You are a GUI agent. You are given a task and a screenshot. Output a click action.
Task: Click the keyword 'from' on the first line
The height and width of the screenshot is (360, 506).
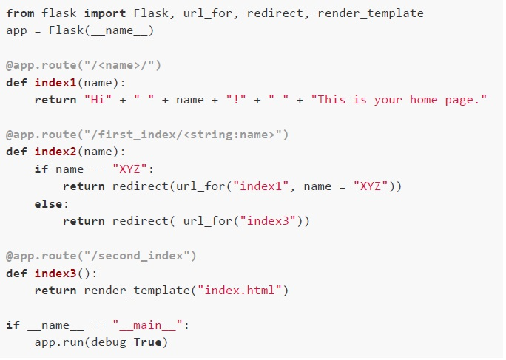(20, 13)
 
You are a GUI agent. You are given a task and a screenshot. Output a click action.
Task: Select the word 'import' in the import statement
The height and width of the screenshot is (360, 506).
(105, 13)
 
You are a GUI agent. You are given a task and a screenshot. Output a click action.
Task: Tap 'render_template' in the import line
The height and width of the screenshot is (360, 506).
(371, 13)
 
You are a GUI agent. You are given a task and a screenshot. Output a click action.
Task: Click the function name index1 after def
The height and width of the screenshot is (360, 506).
(55, 83)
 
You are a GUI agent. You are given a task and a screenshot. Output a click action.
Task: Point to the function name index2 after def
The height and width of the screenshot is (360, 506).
(55, 152)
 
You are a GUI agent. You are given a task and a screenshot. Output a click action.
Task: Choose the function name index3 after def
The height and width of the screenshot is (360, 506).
(55, 274)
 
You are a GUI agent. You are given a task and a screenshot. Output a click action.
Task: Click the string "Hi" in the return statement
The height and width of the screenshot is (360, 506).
(98, 99)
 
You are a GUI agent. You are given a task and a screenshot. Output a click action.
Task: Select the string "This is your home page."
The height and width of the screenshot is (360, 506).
(399, 100)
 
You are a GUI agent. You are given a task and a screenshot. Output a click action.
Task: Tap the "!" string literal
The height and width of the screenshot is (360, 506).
(236, 99)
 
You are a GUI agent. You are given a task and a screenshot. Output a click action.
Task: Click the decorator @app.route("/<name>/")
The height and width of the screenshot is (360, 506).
(84, 66)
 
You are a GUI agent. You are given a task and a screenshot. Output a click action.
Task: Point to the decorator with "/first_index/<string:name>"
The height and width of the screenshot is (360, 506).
(147, 135)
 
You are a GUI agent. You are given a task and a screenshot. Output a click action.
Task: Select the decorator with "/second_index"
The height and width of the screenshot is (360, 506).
(101, 256)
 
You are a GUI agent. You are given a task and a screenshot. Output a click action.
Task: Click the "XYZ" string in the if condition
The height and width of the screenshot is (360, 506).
(129, 169)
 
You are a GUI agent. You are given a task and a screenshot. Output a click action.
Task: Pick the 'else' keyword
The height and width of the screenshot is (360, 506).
(48, 204)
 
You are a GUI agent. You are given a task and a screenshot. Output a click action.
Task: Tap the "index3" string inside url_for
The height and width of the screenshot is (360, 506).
(268, 221)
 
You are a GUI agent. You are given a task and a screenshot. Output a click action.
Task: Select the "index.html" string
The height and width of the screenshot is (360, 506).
(240, 291)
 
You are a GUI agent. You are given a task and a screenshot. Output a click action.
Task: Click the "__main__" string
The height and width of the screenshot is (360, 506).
(147, 325)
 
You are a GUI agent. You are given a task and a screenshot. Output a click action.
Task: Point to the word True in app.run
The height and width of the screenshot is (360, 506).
(147, 342)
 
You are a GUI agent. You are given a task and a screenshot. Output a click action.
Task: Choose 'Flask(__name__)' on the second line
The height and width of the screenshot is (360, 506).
(101, 31)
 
